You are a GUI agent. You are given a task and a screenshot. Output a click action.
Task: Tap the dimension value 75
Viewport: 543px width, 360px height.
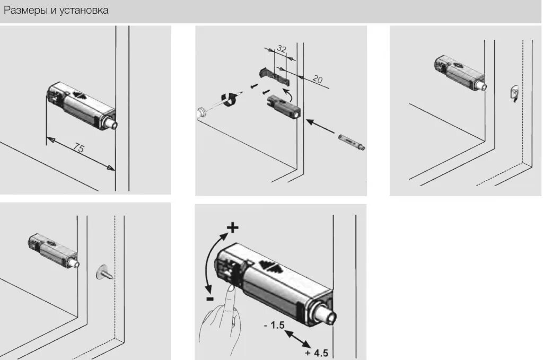point(78,148)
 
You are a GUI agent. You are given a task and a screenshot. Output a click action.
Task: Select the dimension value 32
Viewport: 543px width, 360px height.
point(282,49)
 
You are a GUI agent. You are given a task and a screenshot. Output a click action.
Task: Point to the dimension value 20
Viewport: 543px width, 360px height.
point(317,80)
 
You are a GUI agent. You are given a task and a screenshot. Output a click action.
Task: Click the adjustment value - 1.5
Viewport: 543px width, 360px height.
point(274,326)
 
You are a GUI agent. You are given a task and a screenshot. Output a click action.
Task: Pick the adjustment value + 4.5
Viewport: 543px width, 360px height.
point(317,353)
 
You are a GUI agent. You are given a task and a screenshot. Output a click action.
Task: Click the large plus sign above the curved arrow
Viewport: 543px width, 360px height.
point(233,228)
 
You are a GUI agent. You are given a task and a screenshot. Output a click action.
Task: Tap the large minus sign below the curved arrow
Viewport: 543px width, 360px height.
point(210,298)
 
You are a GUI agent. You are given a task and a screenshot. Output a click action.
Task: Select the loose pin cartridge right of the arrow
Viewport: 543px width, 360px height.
point(352,142)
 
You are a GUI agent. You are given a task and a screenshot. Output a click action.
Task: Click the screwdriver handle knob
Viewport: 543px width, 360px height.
point(200,112)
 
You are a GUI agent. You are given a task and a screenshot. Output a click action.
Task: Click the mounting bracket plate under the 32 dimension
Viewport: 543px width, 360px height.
point(274,75)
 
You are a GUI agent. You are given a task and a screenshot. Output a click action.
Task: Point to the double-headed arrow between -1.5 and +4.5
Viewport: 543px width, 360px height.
point(297,339)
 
